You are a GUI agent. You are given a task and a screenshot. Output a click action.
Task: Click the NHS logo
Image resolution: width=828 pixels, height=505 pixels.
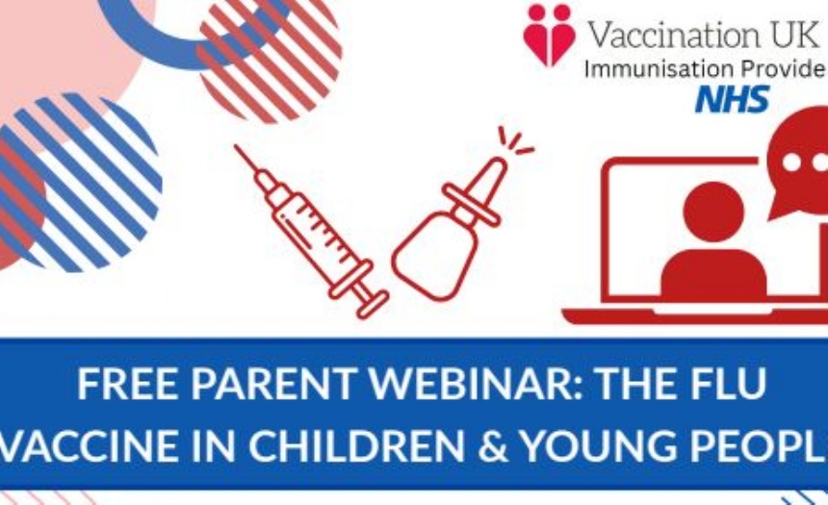pos(732,99)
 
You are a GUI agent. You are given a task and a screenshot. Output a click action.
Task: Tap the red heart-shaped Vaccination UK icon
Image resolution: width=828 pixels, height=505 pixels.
pos(549,36)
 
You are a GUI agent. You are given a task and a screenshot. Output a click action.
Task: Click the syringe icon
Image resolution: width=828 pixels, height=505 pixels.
pos(312,231)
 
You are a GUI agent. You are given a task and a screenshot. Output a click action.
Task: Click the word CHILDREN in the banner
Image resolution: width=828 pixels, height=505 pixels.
pos(356,444)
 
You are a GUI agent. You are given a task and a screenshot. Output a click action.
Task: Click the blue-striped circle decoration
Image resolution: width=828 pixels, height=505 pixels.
pos(79,182)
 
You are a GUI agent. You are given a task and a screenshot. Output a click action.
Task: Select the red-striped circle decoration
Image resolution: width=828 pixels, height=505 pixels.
pos(271,58)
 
